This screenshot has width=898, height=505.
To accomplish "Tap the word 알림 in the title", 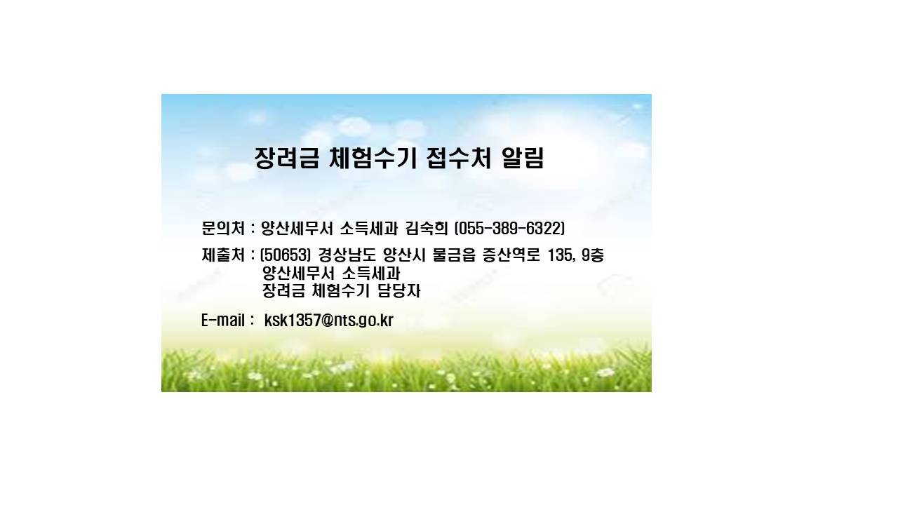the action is pyautogui.click(x=523, y=158).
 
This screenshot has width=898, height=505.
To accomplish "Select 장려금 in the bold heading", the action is pyautogui.click(x=287, y=158).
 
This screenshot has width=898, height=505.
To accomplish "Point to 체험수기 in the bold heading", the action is pyautogui.click(x=373, y=158).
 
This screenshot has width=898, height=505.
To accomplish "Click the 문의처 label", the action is pyautogui.click(x=223, y=229).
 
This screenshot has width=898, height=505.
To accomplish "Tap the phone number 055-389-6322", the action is pyautogui.click(x=509, y=229).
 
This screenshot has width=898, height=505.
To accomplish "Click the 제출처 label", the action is pyautogui.click(x=223, y=255).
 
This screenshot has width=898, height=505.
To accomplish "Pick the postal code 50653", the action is pyautogui.click(x=285, y=255).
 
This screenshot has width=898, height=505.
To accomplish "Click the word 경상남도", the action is pyautogui.click(x=347, y=255).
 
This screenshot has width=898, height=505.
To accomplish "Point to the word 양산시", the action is pyautogui.click(x=404, y=255).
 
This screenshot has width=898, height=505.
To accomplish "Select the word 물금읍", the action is pyautogui.click(x=454, y=255).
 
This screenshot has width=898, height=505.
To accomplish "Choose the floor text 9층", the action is pyautogui.click(x=593, y=255).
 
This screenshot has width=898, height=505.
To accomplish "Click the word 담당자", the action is pyautogui.click(x=399, y=291).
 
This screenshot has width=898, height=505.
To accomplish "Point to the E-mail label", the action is pyautogui.click(x=222, y=321).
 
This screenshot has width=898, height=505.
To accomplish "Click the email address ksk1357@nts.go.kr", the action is pyautogui.click(x=329, y=321).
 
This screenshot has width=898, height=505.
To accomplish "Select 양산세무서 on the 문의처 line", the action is pyautogui.click(x=297, y=229).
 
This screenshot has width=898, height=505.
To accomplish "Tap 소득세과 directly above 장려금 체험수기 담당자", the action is pyautogui.click(x=371, y=274).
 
